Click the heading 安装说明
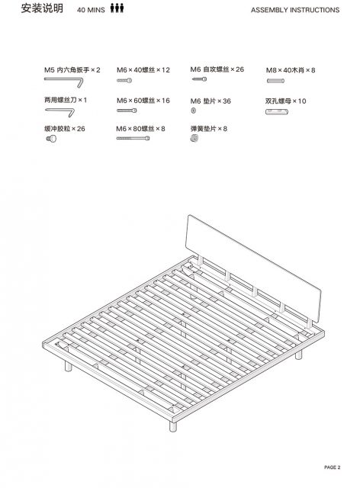pos(42,8)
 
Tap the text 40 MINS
pos(91,10)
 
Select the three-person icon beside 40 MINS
pos(117,8)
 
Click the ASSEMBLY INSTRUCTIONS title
pos(295,10)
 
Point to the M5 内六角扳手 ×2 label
pos(72,70)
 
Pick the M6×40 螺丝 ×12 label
pos(143,70)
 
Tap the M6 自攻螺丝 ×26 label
pos(217,69)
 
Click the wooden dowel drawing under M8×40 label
pos(275,81)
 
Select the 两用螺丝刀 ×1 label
pos(66,100)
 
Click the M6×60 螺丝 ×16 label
pos(143,101)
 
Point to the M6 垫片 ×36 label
pos(211,101)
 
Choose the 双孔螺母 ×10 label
pos(285,101)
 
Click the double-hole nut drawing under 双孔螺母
pos(277,111)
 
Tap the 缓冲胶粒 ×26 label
pos(65,129)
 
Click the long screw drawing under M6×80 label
pos(133,138)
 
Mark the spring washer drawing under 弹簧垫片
pos(194,138)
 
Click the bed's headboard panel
pos(252,268)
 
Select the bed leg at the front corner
pos(173,425)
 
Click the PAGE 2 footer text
pos(333,467)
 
